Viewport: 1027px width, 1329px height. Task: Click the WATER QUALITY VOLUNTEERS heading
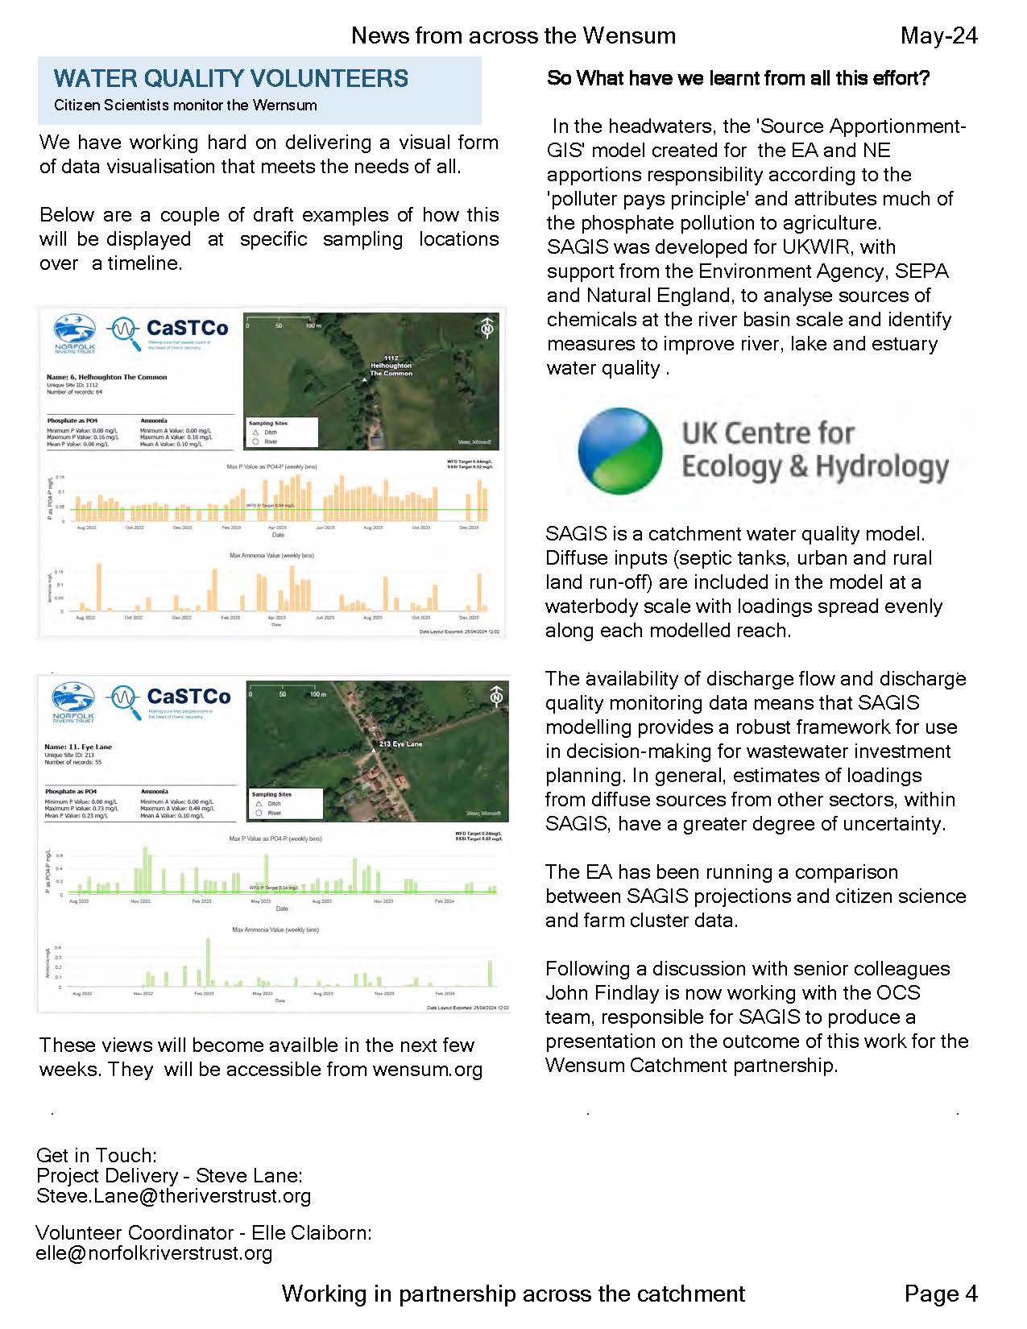point(231,78)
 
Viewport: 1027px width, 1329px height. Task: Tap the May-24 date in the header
point(938,35)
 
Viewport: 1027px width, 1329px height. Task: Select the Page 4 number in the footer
point(940,1294)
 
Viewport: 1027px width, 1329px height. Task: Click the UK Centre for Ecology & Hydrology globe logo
point(620,450)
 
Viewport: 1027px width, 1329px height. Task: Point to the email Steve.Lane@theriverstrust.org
point(173,1196)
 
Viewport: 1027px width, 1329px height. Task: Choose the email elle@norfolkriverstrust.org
point(154,1253)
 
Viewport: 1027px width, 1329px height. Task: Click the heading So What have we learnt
point(738,78)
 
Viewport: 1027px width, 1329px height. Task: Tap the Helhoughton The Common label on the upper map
point(391,367)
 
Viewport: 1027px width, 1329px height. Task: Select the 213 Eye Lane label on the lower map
point(400,744)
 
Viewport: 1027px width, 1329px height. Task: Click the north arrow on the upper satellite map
point(487,329)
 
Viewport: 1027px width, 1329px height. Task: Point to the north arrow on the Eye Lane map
point(496,696)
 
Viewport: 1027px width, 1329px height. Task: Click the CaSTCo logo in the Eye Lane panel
point(170,698)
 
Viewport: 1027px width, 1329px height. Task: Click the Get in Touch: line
point(97,1156)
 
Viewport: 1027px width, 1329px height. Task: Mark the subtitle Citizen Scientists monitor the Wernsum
point(185,106)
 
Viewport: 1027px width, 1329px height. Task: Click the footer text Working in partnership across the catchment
point(513,1294)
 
